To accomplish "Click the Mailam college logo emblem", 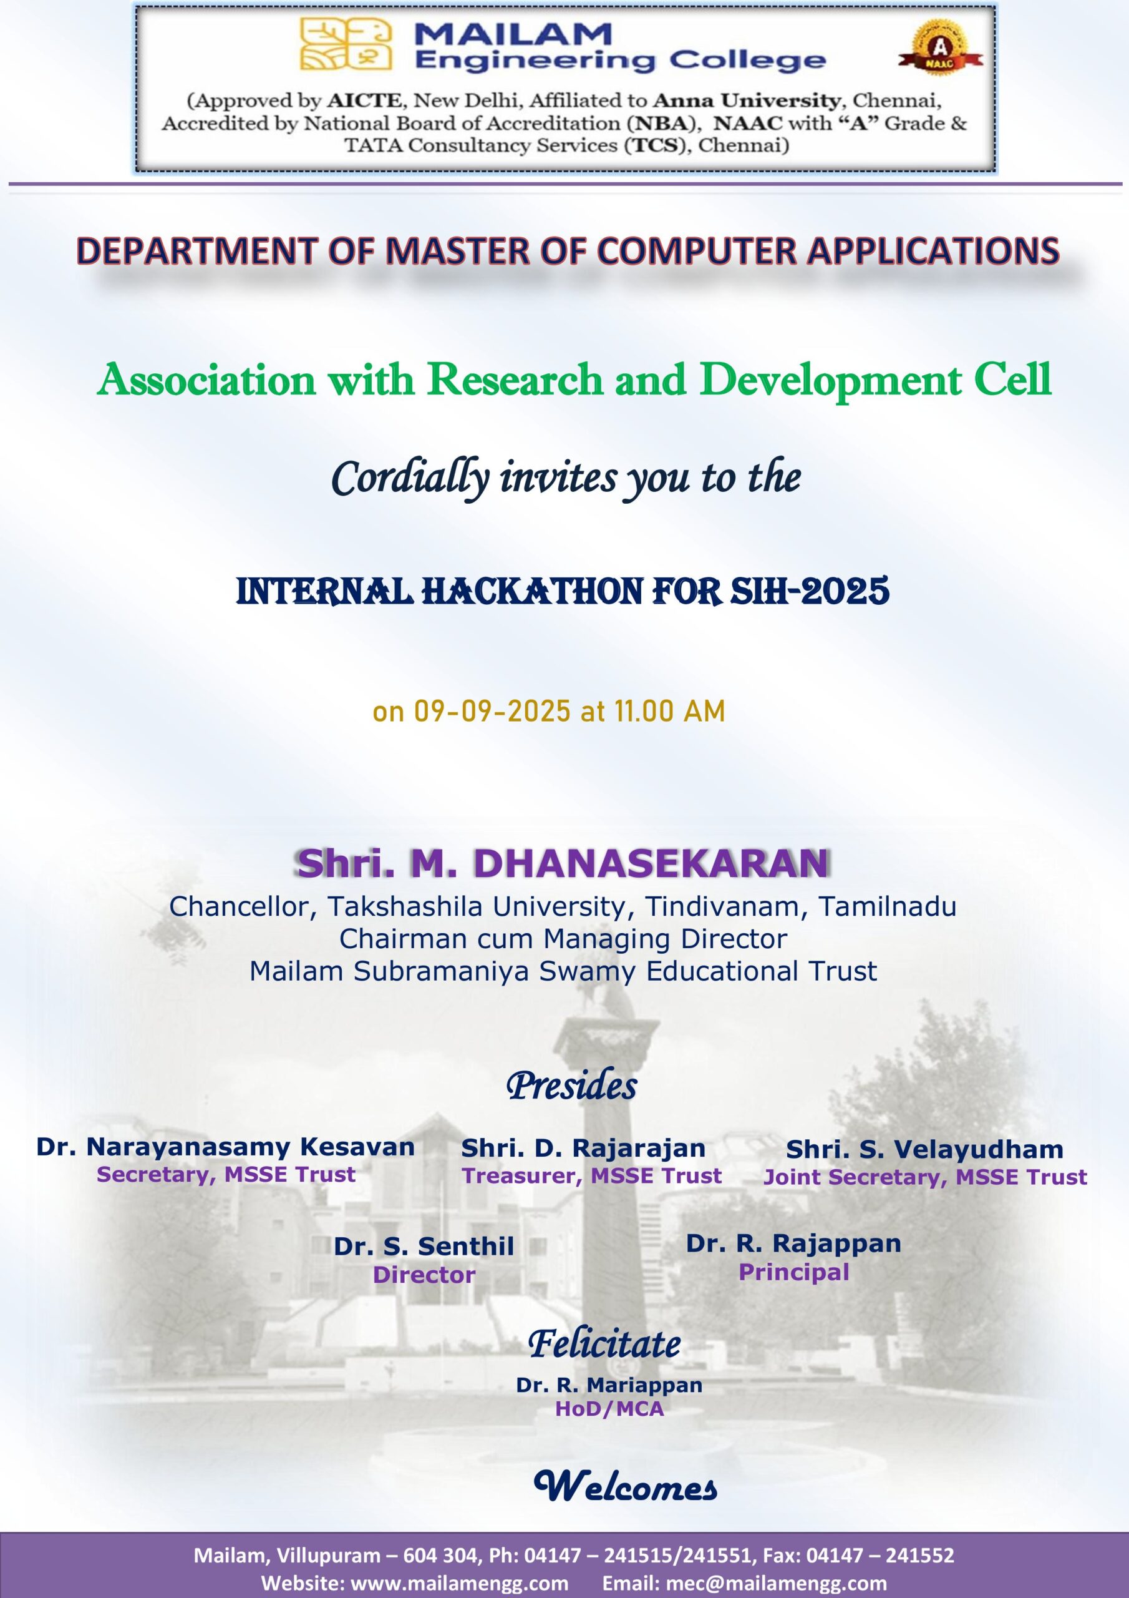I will point(346,44).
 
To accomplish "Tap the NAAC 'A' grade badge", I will point(939,47).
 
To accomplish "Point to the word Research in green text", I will point(515,380).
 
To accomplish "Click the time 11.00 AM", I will point(669,712).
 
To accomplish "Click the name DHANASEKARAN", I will point(651,864).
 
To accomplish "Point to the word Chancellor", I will point(243,906).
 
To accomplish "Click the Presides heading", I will point(571,1086).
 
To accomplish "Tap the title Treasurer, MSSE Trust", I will point(591,1175).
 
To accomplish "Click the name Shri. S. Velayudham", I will point(924,1149).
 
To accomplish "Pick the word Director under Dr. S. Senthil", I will point(424,1275).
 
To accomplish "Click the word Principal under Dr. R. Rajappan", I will point(793,1272).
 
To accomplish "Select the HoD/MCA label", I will point(609,1409).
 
